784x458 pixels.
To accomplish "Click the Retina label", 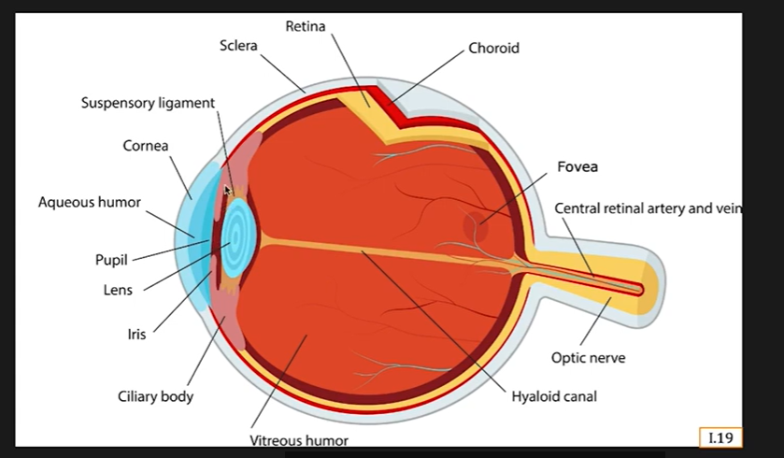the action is point(306,26).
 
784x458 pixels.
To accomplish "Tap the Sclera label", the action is point(239,45).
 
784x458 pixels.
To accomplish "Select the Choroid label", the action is point(493,48).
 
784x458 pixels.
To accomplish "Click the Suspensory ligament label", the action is point(148,102).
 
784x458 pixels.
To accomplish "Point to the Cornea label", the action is point(146,146).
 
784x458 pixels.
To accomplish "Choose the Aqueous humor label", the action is point(90,202).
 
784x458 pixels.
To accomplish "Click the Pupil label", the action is point(111,260).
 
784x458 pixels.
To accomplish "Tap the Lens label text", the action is point(118,290).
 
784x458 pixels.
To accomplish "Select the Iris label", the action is point(136,334).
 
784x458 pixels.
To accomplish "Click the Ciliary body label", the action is point(155,396).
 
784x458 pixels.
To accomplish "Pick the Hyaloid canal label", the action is point(554,396).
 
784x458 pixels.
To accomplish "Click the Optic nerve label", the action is point(588,358).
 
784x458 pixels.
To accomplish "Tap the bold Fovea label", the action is point(577,167).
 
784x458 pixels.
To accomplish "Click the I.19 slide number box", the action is point(720,437).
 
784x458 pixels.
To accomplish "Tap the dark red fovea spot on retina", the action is point(476,225).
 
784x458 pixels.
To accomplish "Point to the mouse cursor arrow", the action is point(227,191).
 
